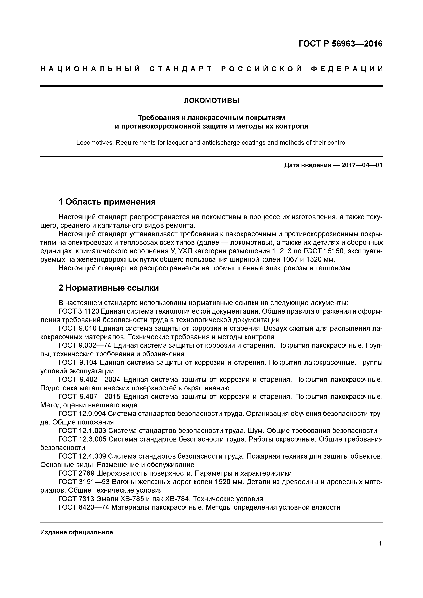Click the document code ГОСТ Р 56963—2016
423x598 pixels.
coord(340,44)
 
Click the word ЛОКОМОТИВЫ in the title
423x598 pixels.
coord(211,101)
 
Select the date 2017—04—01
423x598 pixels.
coord(362,165)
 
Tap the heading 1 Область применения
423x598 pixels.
coord(107,202)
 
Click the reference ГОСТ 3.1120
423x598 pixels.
coord(79,311)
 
